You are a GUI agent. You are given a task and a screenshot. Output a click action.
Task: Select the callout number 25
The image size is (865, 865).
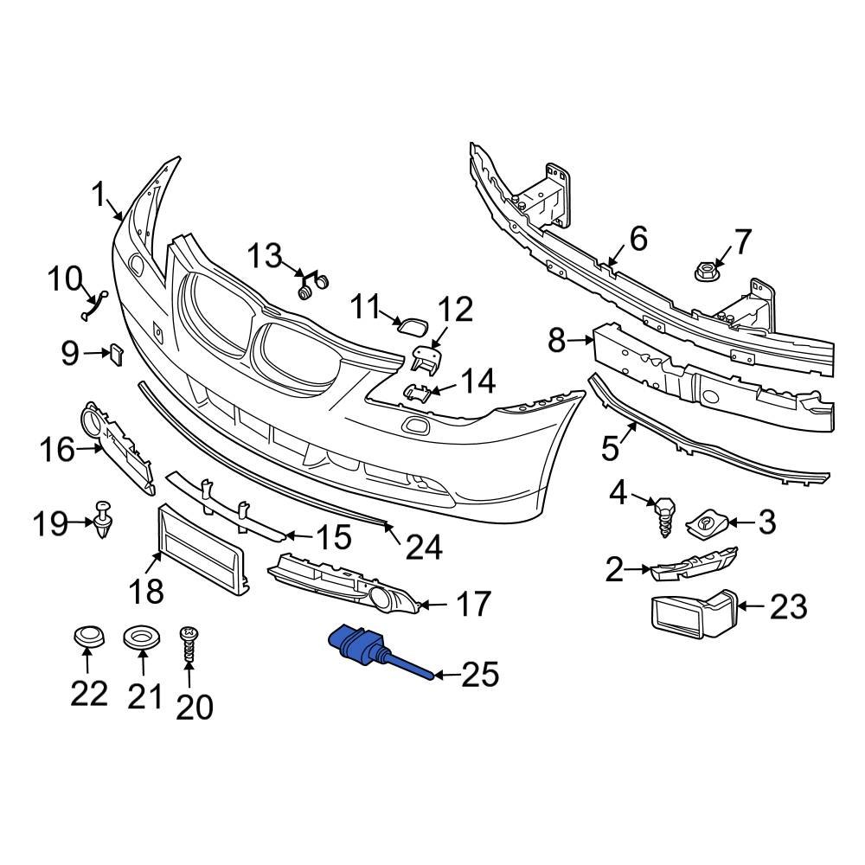[481, 675]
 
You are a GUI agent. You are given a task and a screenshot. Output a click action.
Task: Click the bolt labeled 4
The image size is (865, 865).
[664, 511]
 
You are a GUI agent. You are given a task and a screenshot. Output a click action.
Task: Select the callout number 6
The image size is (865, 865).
[638, 239]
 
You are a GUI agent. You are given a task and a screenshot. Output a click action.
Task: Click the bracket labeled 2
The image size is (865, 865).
[692, 567]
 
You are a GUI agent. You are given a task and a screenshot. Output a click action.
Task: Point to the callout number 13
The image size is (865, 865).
[265, 256]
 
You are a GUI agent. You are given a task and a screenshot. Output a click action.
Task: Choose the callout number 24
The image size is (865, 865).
[423, 547]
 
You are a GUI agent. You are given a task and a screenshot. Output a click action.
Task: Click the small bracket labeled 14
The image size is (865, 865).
[418, 392]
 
